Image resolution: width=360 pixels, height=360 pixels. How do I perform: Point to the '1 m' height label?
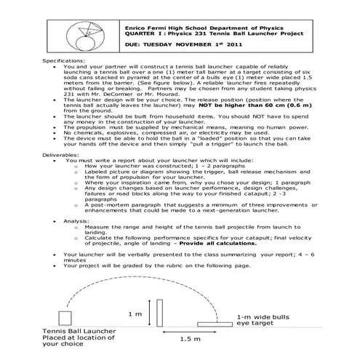coord(134,313)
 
